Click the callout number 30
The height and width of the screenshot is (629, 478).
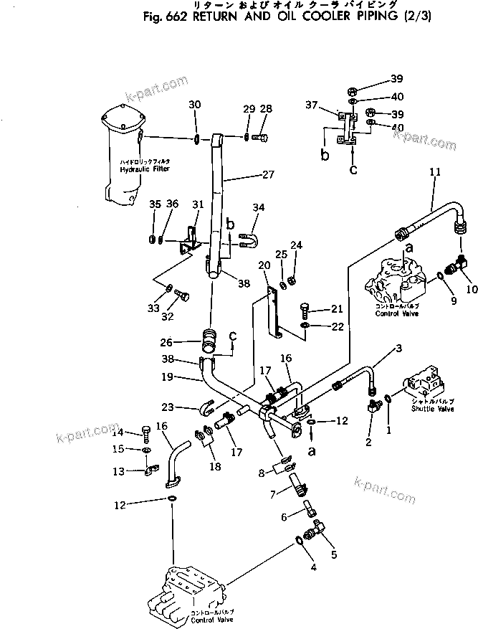195,105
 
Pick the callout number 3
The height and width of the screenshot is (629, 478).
398,349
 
